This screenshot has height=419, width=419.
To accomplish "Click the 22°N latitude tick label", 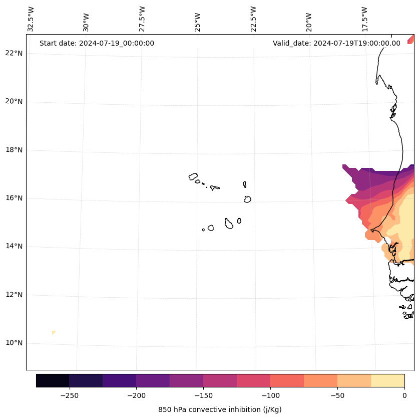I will point(14,53).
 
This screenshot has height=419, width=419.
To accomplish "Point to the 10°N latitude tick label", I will point(14,343).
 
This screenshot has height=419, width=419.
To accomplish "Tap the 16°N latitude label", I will point(14,198).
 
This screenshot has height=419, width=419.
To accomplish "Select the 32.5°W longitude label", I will point(31,19).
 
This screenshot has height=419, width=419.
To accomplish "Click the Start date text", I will point(97,43).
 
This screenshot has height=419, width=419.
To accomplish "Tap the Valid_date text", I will point(336,43).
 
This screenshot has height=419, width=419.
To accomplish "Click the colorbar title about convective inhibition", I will point(220,409).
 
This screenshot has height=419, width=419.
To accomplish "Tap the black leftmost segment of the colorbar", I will point(53,380).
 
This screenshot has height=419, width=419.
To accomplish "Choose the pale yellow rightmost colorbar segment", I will point(387,380).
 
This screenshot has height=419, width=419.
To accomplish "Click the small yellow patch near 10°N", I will point(53,332).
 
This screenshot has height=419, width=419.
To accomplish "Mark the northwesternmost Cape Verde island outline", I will point(193,176).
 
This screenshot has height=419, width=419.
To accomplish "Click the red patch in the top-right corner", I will point(411,39).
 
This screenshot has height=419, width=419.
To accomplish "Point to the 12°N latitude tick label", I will point(14,295).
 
